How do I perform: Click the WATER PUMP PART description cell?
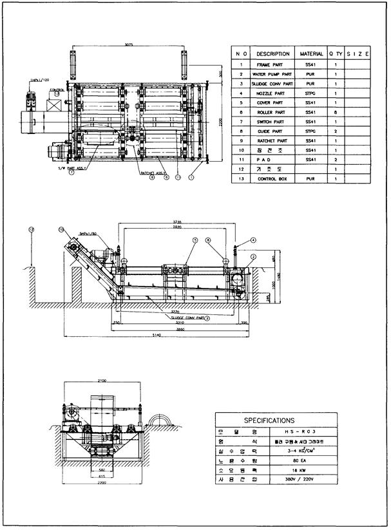click(272, 74)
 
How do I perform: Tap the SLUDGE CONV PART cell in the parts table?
click(272, 84)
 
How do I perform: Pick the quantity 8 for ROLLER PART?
click(336, 112)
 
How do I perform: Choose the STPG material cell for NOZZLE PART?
click(311, 93)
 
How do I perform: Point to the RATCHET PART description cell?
click(272, 140)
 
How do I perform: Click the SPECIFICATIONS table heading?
click(269, 420)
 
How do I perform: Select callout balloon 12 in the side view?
click(30, 229)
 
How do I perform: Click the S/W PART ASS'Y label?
click(71, 167)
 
